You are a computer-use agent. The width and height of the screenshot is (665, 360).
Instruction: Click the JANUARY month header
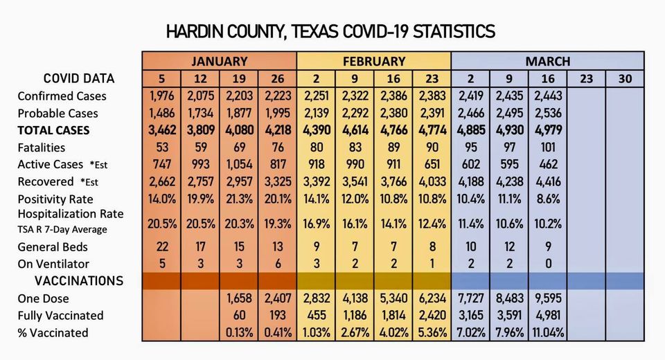pos(219,61)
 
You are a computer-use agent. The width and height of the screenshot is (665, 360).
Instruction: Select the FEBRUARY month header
pos(373,61)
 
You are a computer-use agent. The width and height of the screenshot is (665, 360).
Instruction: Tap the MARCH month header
pos(547,61)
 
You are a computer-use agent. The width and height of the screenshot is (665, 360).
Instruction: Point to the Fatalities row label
pos(42,147)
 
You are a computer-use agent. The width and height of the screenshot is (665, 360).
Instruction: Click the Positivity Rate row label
pos(55,199)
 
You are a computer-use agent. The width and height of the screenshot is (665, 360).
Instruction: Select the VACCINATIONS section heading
pos(79,281)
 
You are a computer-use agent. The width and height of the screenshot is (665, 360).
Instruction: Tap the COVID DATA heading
pos(79,78)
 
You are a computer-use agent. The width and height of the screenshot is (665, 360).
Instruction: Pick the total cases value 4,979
pos(548,130)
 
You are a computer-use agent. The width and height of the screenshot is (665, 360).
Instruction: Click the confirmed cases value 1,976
pos(161,96)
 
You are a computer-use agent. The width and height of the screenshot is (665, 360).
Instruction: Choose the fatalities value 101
pos(548,147)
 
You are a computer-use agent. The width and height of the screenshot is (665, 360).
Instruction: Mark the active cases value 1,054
pos(239,165)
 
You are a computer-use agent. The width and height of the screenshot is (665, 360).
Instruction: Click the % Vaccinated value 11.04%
pos(548,333)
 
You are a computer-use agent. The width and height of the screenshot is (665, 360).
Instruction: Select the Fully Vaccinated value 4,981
pos(548,316)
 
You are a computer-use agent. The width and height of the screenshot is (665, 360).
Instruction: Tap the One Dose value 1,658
pos(239,298)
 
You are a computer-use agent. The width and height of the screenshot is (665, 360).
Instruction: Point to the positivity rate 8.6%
pos(548,199)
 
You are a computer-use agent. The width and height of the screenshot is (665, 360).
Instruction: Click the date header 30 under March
pos(625,79)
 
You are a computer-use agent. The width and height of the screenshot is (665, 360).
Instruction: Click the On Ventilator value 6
pos(277,264)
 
